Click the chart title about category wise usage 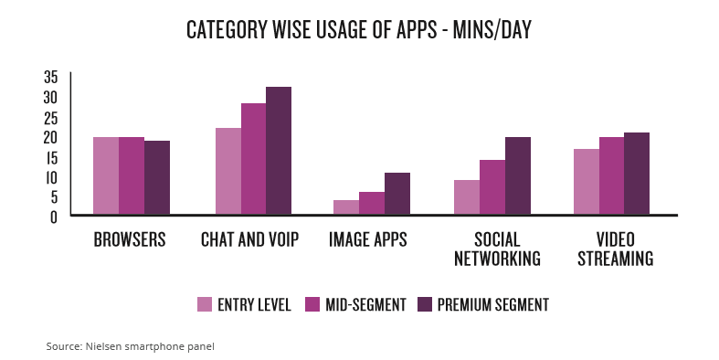[358, 30]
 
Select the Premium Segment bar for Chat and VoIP [278, 152]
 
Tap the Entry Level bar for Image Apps [345, 207]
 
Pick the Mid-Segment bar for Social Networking [492, 187]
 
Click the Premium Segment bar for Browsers [157, 178]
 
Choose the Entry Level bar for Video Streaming [587, 182]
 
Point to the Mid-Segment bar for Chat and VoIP [253, 160]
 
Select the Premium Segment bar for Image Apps [397, 194]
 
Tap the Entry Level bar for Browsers [106, 176]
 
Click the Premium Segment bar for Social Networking [517, 176]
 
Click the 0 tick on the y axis [54, 217]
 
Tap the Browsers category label [130, 240]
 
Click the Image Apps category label [367, 240]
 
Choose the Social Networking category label [496, 249]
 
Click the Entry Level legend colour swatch [205, 304]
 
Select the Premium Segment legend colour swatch [424, 304]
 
